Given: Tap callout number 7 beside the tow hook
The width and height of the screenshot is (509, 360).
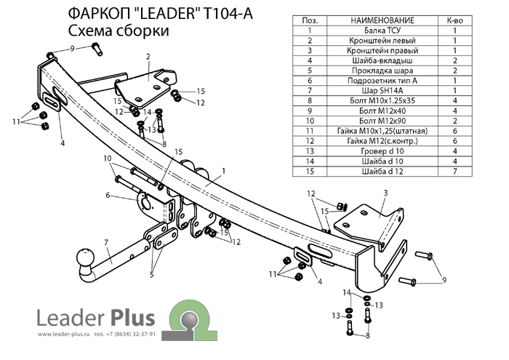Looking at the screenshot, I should (x=105, y=241).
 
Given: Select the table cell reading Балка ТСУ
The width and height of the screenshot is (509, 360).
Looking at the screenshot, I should (x=372, y=31).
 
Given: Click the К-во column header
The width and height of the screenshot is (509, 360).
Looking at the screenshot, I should (x=454, y=20).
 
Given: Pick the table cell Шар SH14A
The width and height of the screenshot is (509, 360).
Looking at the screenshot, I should (x=372, y=91).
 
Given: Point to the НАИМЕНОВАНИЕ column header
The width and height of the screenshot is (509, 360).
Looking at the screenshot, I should (x=372, y=20).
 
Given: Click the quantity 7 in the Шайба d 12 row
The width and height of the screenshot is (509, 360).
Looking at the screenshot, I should (x=454, y=172).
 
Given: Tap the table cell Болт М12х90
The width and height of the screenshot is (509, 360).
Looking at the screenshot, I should (x=372, y=121).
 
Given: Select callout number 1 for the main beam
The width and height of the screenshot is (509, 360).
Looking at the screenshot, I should (x=226, y=170).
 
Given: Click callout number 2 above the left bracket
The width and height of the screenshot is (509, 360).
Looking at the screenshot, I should (x=147, y=56).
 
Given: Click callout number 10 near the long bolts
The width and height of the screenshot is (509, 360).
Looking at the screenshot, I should (x=107, y=158).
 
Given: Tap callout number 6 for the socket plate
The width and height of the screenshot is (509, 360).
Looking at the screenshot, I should (x=108, y=195).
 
